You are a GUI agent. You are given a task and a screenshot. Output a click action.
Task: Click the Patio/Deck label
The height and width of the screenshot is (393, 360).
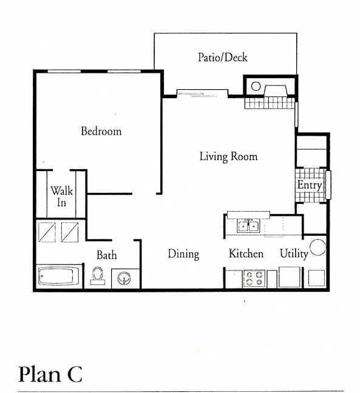tap(222, 58)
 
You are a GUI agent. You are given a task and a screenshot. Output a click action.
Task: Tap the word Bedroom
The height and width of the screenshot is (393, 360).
tap(101, 131)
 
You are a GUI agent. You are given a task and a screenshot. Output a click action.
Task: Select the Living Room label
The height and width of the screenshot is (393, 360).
tap(228, 156)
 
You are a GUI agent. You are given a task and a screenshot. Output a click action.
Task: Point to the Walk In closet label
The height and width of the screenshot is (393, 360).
tap(61, 196)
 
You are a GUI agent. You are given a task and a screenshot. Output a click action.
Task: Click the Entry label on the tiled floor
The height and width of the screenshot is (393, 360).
tap(309, 184)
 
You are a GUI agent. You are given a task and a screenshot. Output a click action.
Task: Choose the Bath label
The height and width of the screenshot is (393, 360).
tap(106, 255)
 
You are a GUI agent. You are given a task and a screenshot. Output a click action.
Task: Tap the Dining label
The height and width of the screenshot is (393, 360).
tap(183, 254)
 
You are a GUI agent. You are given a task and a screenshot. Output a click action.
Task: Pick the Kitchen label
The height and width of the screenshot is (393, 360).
tap(246, 254)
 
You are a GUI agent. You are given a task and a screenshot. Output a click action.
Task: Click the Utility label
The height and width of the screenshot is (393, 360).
tap(294, 254)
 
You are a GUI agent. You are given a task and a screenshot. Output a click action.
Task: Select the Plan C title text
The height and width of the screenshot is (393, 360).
tap(50, 374)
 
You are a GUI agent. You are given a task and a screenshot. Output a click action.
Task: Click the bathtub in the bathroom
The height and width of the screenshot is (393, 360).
tap(59, 276)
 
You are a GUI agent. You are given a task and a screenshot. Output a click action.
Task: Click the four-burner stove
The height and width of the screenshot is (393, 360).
tap(253, 278)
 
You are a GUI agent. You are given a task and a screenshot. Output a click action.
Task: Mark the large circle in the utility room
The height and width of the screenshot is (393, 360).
tap(318, 247)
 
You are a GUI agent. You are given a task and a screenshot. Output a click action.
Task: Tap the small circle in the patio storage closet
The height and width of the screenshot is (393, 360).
tap(256, 86)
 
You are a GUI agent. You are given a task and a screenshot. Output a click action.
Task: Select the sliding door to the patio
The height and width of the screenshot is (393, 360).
tap(202, 93)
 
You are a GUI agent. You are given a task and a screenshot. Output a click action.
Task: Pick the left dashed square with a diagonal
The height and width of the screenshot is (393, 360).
tap(47, 231)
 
